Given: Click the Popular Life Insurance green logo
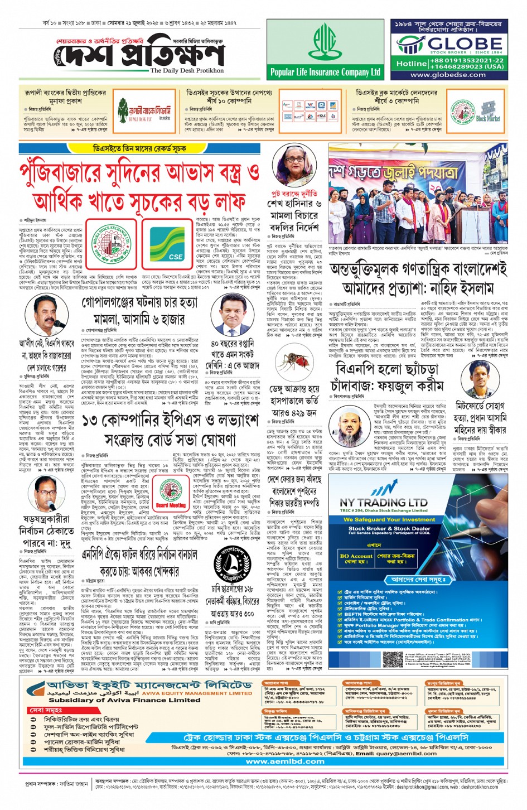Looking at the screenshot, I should coord(325,43).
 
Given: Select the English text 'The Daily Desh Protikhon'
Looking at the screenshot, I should coord(187,71).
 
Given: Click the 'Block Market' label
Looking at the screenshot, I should coord(488,118).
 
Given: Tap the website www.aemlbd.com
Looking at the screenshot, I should coord(285,761).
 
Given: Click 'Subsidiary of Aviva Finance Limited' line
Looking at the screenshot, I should coord(124,700).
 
